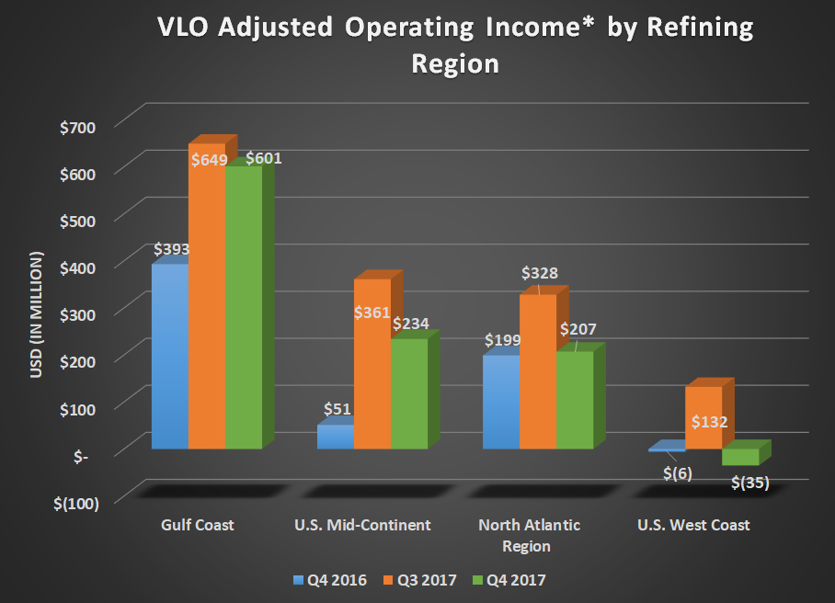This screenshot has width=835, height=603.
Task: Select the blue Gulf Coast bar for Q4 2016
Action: [x=170, y=358]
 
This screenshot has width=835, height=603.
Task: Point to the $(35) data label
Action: [x=749, y=481]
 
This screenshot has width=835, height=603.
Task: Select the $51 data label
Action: [x=337, y=409]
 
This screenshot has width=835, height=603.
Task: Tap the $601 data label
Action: [x=263, y=158]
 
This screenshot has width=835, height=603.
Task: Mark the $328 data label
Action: [x=540, y=273]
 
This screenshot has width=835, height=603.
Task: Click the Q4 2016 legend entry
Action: [x=329, y=580]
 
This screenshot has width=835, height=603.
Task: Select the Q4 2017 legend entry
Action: [x=513, y=580]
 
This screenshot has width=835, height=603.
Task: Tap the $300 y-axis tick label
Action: [x=77, y=313]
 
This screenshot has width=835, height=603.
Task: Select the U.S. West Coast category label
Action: [x=693, y=526]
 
